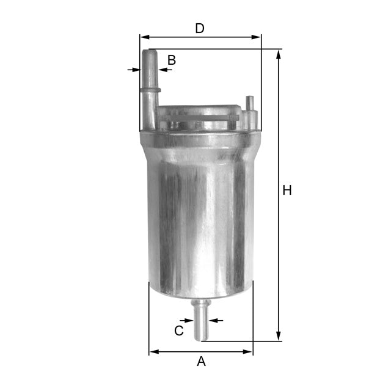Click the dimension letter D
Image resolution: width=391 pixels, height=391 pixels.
click(x=199, y=28)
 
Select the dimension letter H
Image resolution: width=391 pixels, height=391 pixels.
click(x=287, y=191)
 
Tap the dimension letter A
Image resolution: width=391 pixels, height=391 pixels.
click(x=201, y=362)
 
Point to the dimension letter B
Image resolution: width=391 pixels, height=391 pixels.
click(x=172, y=60)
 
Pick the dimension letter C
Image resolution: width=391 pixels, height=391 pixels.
click(x=178, y=331)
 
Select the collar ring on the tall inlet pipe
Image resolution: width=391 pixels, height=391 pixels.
click(x=150, y=90)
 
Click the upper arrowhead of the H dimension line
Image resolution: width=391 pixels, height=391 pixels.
click(x=279, y=54)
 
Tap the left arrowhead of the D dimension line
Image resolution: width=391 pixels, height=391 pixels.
click(x=144, y=37)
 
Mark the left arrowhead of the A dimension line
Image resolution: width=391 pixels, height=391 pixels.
click(x=153, y=352)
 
